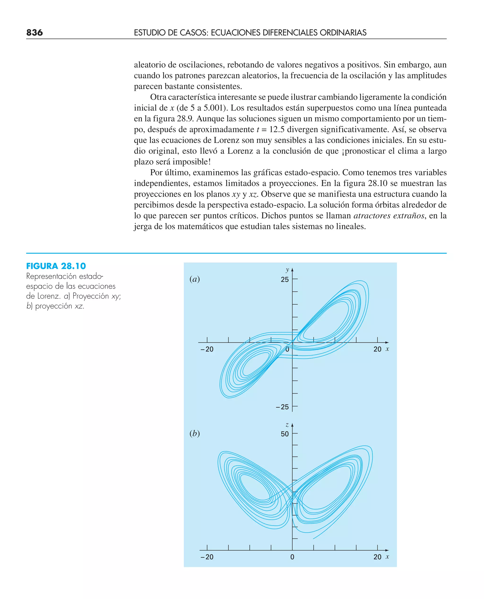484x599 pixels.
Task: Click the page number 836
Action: [x=35, y=33]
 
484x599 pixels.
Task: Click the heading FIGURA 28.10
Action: [x=56, y=266]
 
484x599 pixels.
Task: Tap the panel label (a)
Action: [x=194, y=279]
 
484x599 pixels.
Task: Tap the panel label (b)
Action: [x=194, y=433]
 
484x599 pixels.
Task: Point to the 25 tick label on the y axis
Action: [x=285, y=279]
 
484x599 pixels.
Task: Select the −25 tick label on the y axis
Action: [x=282, y=407]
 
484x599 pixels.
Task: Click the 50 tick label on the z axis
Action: [x=285, y=434]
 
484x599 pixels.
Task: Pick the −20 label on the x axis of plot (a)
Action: [x=207, y=349]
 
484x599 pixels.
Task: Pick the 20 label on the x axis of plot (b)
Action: [x=377, y=557]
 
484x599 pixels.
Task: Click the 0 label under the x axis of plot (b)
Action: [x=292, y=557]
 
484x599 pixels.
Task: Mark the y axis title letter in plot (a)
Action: [x=287, y=270]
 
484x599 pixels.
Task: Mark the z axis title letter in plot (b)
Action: [x=287, y=425]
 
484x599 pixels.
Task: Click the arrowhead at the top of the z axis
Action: [x=292, y=425]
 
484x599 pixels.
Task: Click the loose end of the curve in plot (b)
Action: [x=314, y=539]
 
